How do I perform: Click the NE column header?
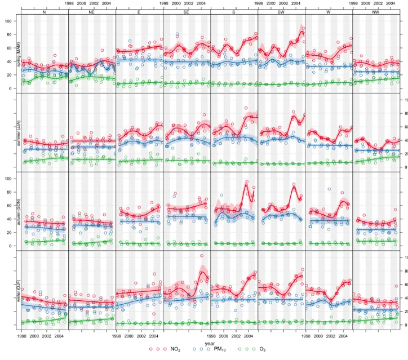(x=92, y=11)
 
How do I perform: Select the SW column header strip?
(x=281, y=11)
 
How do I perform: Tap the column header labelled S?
(x=234, y=11)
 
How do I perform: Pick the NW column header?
(x=376, y=11)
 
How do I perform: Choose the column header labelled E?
(x=139, y=11)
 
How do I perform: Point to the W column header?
(x=329, y=11)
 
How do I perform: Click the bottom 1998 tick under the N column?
(x=22, y=335)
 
